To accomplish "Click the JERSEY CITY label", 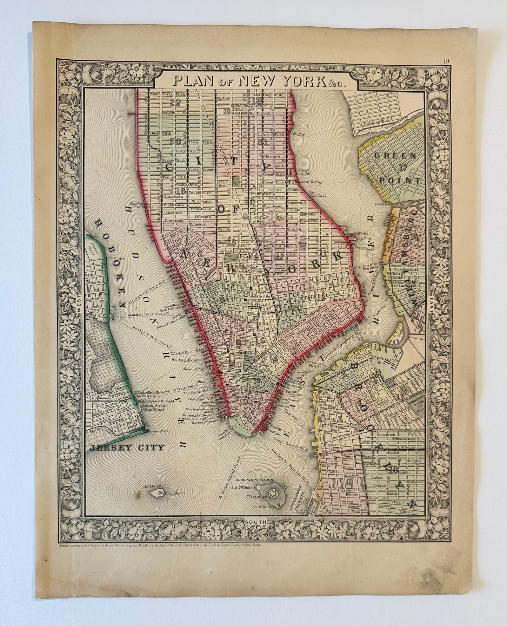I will (127, 448).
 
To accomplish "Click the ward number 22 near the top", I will (174, 102).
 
